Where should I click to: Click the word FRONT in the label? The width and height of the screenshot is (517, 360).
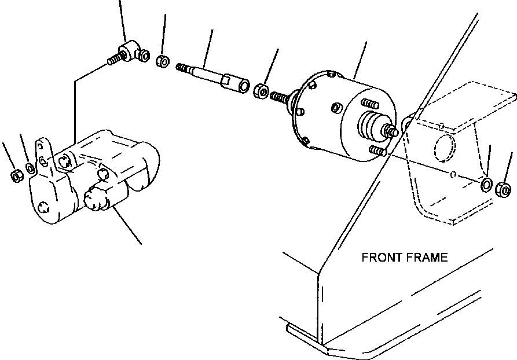coord(382,258)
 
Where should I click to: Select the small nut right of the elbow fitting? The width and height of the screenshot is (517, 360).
coord(163,60)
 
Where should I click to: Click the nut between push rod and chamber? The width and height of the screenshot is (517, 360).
coord(261,90)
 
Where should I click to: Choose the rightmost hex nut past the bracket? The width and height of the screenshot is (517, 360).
coord(504,189)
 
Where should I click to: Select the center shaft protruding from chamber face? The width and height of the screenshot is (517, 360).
coord(390,131)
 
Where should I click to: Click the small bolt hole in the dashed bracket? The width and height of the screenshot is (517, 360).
coord(455,174)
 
